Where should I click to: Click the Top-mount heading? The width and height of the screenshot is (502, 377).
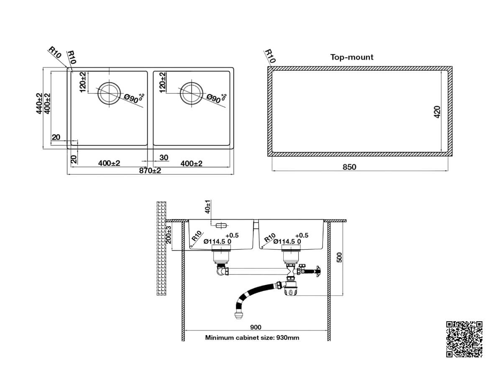pos(351,57)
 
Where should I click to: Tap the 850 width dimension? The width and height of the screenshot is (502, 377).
pos(349,167)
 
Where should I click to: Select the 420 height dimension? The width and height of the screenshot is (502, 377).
pos(437,112)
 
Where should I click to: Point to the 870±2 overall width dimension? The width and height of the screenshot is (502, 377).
pos(150,170)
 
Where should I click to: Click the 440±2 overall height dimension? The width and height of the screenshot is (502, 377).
pos(39,103)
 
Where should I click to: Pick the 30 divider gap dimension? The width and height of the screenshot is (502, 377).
pos(164,158)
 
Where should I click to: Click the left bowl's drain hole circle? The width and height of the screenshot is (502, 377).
pos(109,93)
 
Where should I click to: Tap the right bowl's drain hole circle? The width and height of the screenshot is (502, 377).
pos(192,93)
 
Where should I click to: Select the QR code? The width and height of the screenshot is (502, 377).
pos(464,339)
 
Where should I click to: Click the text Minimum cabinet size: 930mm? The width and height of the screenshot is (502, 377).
pos(252,338)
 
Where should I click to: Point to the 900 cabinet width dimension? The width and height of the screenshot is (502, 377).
pos(256,327)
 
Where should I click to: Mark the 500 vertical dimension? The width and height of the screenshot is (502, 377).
pos(340,257)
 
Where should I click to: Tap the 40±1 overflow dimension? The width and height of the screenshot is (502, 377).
pos(207,207)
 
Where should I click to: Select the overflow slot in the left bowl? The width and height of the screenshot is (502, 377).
pos(221,225)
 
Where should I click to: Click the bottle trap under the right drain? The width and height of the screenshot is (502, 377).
pos(290,287)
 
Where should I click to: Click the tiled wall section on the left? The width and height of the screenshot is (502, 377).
pos(161,248)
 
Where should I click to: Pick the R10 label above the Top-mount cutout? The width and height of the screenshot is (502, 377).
pos(270,56)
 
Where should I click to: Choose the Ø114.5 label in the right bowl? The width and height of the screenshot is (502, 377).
pos(284,242)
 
